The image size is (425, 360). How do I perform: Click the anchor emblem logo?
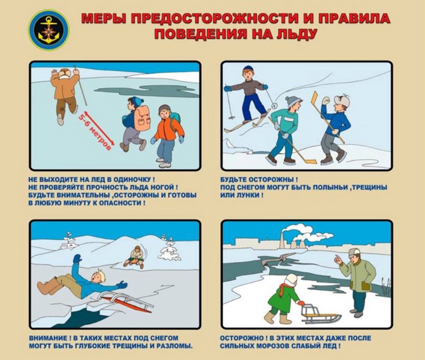pos(49,30)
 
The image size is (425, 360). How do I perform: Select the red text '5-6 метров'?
pos(98,131)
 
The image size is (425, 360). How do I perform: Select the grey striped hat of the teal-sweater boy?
pos(293,101)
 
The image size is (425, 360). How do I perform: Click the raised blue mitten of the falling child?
pos(77,258)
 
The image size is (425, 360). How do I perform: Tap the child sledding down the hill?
pos(134,257)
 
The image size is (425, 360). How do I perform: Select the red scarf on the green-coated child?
pos(284,288)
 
